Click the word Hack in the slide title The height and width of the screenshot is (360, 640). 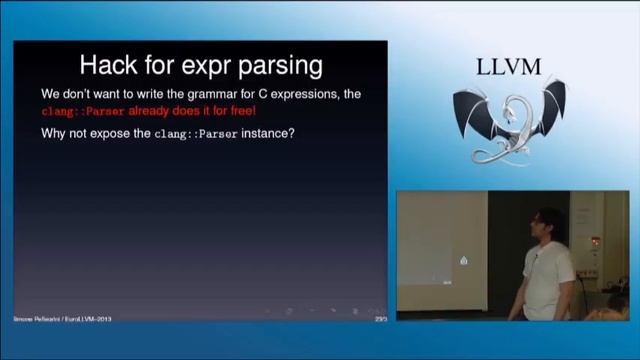click(109, 66)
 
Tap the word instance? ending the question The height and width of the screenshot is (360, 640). click(268, 133)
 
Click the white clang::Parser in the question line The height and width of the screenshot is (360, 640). click(196, 133)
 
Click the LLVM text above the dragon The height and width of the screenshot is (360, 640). click(509, 67)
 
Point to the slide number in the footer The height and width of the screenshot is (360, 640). click(380, 318)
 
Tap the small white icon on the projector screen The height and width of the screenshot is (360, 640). click(463, 261)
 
